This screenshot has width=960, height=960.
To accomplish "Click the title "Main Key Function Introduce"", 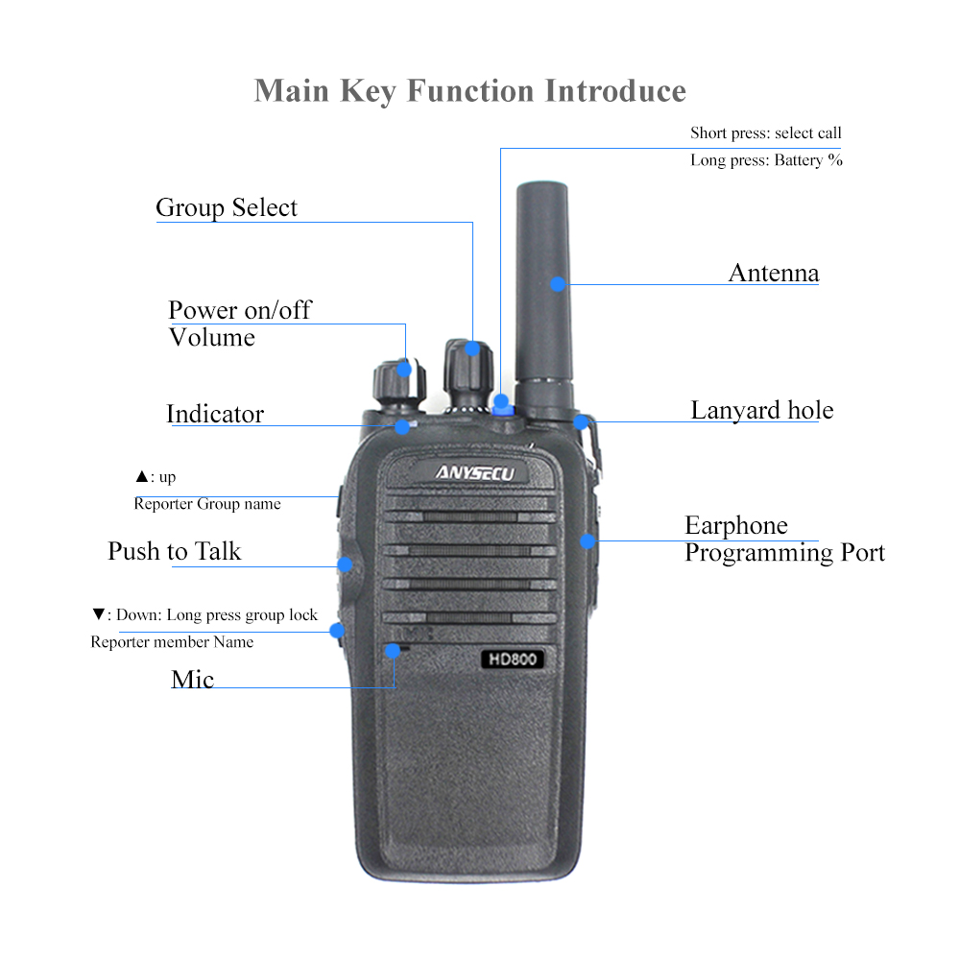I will point(469,91).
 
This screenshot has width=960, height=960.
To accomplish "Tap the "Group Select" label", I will point(227,208).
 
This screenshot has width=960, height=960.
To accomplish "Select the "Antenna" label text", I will point(773,273).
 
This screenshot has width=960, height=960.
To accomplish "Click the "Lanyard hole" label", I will point(761,411).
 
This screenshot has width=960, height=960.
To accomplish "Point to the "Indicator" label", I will point(215,415).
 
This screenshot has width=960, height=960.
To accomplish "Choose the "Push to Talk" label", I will point(174,552).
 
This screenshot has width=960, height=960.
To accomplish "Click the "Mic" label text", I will point(192,680).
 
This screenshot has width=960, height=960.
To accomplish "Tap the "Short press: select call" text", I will point(765,133).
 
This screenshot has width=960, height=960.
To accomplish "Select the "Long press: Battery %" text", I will point(766,160).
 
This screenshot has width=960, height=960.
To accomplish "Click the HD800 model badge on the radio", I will point(512,660).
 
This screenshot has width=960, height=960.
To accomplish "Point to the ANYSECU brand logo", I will point(475,472).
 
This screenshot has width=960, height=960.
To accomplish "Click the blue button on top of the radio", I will point(501,403).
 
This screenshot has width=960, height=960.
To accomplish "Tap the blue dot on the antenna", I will point(557,283).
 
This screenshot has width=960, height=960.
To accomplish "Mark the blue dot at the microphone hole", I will point(393,650).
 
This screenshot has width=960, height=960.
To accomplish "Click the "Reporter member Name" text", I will point(172,642).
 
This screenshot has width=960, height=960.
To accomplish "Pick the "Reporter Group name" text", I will point(207,504).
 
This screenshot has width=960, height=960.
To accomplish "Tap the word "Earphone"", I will point(735,526).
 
